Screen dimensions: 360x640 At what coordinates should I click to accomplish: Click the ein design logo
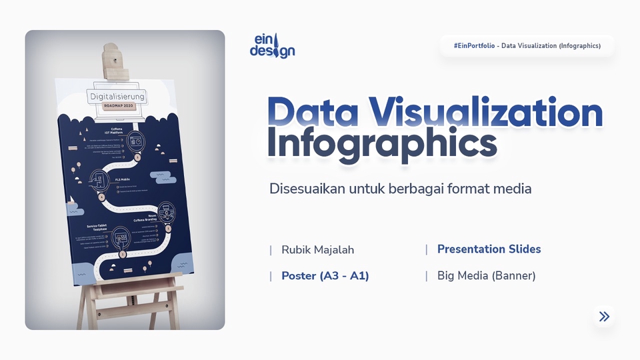tap(272, 45)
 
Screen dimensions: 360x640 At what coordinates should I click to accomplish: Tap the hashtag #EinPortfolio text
tap(475, 46)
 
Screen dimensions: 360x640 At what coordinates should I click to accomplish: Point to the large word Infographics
tap(382, 145)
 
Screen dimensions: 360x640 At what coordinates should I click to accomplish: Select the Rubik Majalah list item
tap(317, 250)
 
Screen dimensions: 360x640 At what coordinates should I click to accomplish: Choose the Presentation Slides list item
tap(489, 249)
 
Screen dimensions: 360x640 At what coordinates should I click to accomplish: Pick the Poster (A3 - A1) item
tap(325, 276)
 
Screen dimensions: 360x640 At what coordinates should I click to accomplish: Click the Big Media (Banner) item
tap(486, 276)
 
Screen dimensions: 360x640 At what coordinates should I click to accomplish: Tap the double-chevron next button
tap(604, 317)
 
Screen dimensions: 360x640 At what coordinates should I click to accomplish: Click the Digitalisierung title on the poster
tap(117, 97)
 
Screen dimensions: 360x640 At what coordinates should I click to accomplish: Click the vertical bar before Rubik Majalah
tap(271, 250)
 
